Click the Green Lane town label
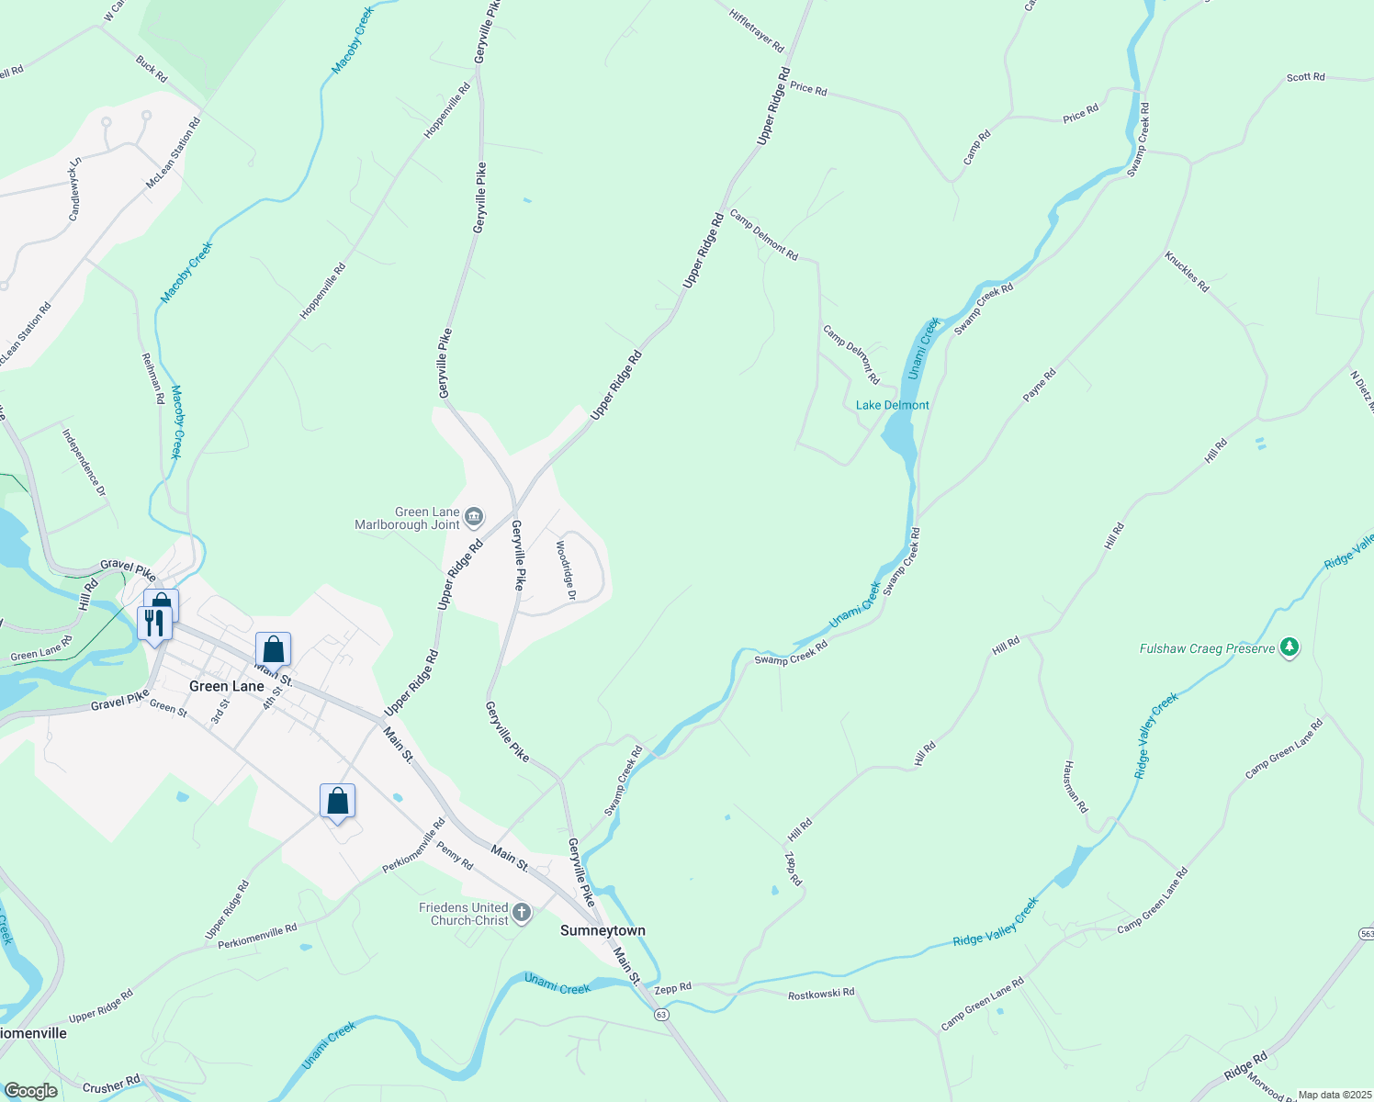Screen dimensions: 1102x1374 click(226, 686)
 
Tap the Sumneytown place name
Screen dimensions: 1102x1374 click(603, 930)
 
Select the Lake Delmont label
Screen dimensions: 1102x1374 click(892, 405)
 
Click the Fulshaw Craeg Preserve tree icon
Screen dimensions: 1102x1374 click(1290, 647)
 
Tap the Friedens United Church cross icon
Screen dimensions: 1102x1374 click(522, 913)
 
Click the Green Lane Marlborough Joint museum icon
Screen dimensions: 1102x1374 click(474, 518)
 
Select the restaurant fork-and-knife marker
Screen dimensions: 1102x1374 click(154, 622)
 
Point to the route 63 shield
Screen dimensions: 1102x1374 click(661, 1015)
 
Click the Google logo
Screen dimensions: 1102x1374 click(30, 1091)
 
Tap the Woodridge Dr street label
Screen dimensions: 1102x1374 click(565, 569)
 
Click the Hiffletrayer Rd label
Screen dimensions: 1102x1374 click(757, 30)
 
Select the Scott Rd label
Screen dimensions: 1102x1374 click(1305, 77)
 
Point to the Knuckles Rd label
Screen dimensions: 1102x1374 click(1187, 272)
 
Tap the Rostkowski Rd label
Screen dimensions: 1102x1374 click(821, 994)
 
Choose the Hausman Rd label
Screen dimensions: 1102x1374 click(1076, 787)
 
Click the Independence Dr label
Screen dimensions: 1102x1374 click(84, 462)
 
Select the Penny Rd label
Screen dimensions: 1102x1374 click(455, 856)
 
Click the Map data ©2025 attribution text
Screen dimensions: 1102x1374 click(1334, 1095)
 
